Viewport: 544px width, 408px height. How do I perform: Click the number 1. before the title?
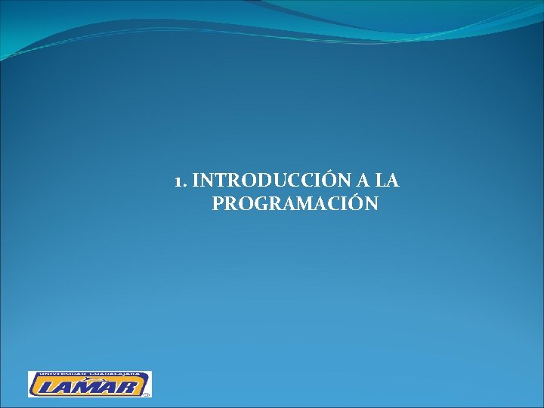tap(180, 182)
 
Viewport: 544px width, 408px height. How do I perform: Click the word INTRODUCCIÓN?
tap(265, 181)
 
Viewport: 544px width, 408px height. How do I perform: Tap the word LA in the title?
tap(387, 181)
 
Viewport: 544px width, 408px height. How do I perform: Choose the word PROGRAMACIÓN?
tap(295, 204)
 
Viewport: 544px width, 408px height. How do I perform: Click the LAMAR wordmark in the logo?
tap(89, 387)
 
